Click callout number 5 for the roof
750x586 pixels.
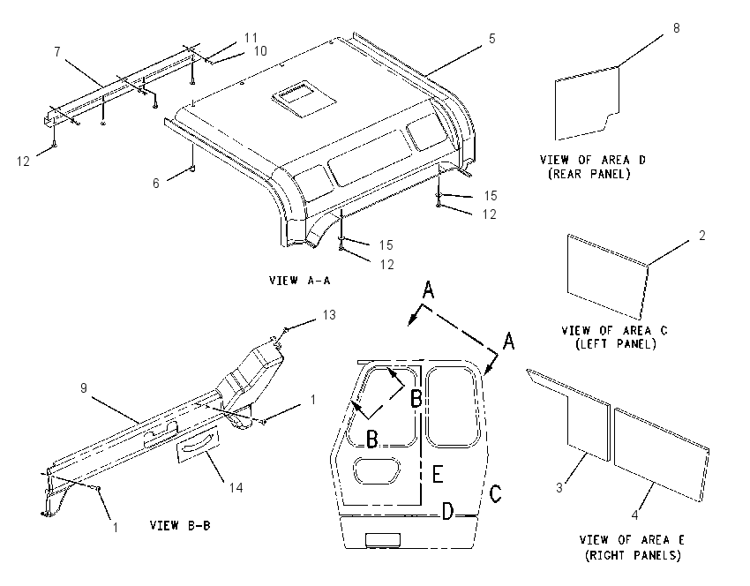pyautogui.click(x=492, y=39)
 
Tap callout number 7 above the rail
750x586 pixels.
pyautogui.click(x=57, y=52)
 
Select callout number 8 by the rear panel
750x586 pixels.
pyautogui.click(x=677, y=28)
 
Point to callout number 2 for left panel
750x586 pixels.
pyautogui.click(x=701, y=236)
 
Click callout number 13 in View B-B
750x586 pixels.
pyautogui.click(x=329, y=315)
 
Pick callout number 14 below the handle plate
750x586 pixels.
pyautogui.click(x=236, y=487)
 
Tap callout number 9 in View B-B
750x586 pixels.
pyautogui.click(x=84, y=388)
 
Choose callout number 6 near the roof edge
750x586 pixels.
pyautogui.click(x=156, y=184)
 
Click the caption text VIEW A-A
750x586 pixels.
pyautogui.click(x=299, y=281)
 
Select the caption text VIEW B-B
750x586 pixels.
pyautogui.click(x=180, y=525)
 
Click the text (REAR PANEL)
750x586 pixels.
pyautogui.click(x=589, y=174)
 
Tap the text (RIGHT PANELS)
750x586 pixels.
pyautogui.click(x=633, y=555)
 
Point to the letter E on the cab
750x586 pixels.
pyautogui.click(x=437, y=474)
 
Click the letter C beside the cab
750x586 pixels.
pyautogui.click(x=496, y=493)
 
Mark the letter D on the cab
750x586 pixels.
pyautogui.click(x=446, y=511)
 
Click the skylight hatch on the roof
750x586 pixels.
pyautogui.click(x=304, y=98)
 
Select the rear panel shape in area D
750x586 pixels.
pyautogui.click(x=588, y=103)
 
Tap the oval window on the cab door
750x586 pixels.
pyautogui.click(x=377, y=470)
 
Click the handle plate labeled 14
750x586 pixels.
pyautogui.click(x=198, y=446)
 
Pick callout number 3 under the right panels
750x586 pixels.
pyautogui.click(x=559, y=487)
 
